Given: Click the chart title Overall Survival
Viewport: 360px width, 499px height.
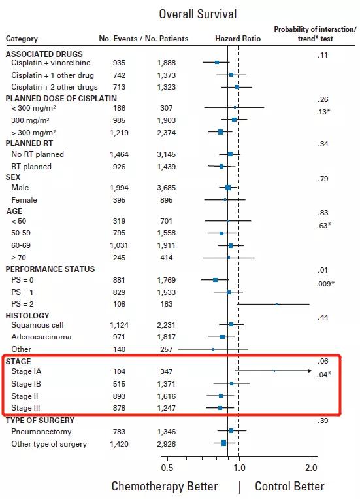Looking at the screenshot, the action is (198, 14).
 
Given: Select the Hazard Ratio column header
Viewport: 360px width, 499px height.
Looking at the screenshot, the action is (238, 39).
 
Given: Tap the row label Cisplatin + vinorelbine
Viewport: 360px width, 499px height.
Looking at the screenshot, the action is (51, 63).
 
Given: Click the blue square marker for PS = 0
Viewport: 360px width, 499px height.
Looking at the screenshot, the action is (216, 280).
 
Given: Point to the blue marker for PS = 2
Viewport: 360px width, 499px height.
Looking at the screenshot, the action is (276, 304).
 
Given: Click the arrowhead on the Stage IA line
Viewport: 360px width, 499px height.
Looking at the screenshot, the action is (310, 371).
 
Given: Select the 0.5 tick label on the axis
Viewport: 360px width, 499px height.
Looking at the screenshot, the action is (167, 468).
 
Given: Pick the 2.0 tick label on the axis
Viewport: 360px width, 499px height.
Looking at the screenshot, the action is (311, 468).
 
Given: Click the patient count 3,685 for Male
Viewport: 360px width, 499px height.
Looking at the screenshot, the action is (167, 188).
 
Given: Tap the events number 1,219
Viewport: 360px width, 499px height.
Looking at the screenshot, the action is (120, 133).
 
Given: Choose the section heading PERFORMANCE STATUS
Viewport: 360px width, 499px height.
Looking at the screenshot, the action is (50, 269).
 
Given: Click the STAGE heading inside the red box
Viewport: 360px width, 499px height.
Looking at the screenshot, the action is (18, 362).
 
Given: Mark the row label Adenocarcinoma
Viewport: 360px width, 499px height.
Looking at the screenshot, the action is (41, 337).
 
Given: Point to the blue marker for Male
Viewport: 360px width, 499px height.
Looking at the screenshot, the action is (228, 188).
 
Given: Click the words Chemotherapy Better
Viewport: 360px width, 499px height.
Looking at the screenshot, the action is (165, 487).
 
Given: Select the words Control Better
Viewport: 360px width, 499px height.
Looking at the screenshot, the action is (289, 487).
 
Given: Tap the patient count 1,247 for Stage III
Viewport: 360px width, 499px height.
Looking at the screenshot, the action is (167, 408).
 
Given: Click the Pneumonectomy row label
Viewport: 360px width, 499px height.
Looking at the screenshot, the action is (41, 432).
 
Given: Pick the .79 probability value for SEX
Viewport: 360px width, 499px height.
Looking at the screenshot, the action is (323, 179).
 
